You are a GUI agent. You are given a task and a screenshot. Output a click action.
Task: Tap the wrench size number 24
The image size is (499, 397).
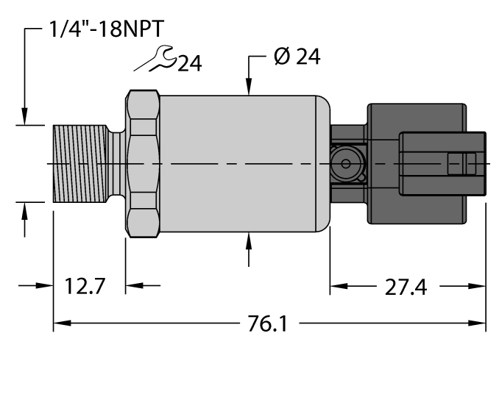[188, 65]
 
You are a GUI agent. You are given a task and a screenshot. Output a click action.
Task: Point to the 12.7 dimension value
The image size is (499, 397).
[83, 286]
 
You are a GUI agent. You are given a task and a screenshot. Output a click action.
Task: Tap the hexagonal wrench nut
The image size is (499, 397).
[143, 162]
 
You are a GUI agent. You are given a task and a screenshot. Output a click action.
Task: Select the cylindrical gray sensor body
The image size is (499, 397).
[243, 162]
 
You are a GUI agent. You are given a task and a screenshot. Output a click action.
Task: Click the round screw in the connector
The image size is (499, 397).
[343, 163]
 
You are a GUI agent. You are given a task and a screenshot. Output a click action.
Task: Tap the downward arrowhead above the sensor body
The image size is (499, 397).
[249, 88]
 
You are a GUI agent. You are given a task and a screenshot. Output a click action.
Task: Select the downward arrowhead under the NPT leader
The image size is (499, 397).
[26, 118]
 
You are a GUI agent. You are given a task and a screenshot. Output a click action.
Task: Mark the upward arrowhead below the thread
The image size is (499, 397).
[26, 209]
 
